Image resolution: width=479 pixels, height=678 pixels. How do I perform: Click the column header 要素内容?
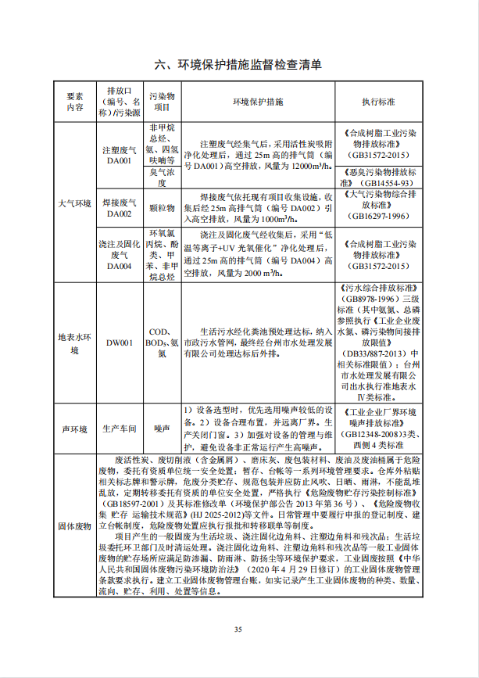tap(75, 102)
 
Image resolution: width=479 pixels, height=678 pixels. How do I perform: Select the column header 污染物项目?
tap(162, 102)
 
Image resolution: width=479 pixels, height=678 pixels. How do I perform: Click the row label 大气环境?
tap(75, 203)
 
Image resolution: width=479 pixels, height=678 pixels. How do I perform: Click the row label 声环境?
tap(75, 429)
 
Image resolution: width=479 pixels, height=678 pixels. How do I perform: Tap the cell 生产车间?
tap(119, 429)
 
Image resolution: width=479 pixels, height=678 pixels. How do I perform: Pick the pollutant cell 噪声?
tap(162, 429)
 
